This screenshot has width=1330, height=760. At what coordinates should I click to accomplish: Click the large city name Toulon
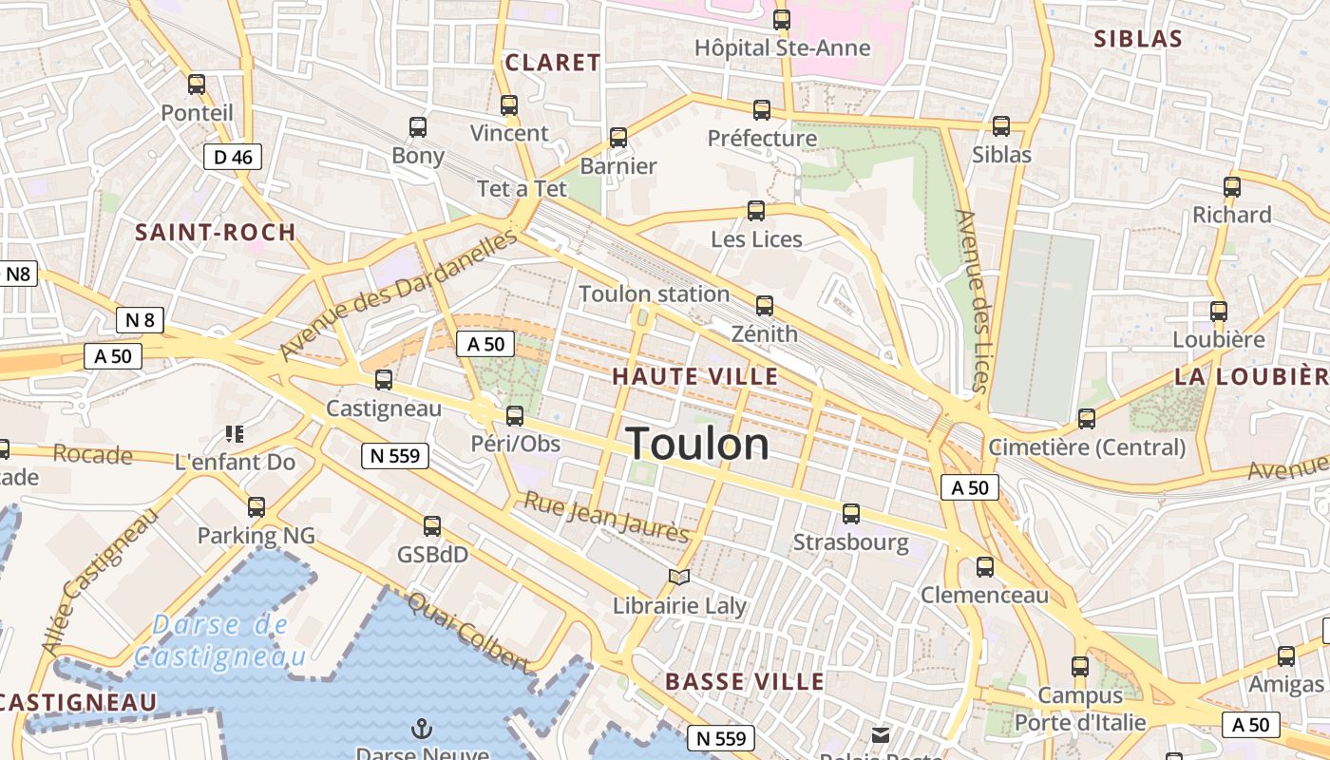pyautogui.click(x=697, y=445)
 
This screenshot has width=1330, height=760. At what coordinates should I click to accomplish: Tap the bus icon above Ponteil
pyautogui.click(x=197, y=85)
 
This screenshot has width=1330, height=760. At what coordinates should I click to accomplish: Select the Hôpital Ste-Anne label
pyautogui.click(x=782, y=47)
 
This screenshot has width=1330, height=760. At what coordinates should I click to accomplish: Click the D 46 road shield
pyautogui.click(x=232, y=157)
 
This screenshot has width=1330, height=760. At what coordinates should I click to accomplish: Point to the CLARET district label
pyautogui.click(x=552, y=63)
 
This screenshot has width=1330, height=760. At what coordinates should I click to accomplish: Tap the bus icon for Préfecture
pyautogui.click(x=762, y=110)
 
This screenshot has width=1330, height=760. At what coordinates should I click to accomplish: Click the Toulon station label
pyautogui.click(x=654, y=294)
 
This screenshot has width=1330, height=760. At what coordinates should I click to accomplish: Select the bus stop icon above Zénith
pyautogui.click(x=765, y=306)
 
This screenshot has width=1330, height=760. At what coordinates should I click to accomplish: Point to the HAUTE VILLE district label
pyautogui.click(x=694, y=376)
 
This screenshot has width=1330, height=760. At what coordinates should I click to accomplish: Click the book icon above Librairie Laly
pyautogui.click(x=678, y=577)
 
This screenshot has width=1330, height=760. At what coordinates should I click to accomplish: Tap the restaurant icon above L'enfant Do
pyautogui.click(x=235, y=434)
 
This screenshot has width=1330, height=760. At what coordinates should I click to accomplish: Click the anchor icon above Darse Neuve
pyautogui.click(x=421, y=729)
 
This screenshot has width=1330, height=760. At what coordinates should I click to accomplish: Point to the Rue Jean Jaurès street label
pyautogui.click(x=606, y=518)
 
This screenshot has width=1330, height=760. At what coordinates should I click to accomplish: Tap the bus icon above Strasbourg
pyautogui.click(x=851, y=514)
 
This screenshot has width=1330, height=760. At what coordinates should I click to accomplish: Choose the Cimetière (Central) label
pyautogui.click(x=1086, y=446)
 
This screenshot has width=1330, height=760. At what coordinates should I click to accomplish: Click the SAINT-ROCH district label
pyautogui.click(x=215, y=233)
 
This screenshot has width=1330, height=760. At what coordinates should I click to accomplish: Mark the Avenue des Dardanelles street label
pyautogui.click(x=398, y=295)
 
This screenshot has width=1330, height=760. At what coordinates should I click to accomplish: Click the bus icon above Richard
pyautogui.click(x=1232, y=187)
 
